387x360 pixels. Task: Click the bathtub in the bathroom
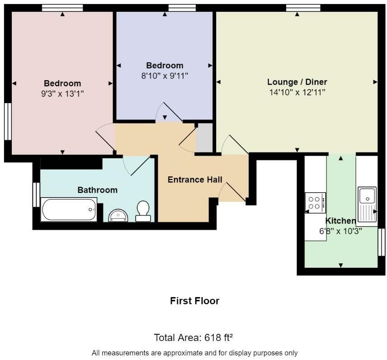(x=69, y=209)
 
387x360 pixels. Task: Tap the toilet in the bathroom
(x=143, y=211)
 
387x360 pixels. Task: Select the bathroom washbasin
(x=118, y=215)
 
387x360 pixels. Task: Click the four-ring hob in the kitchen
(x=316, y=203)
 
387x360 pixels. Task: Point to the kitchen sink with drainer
(x=367, y=206)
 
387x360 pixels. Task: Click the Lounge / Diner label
(x=297, y=82)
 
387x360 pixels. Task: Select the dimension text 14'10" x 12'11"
(x=297, y=92)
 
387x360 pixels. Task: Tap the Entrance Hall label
(x=195, y=180)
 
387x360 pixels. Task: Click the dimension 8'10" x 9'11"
(x=165, y=76)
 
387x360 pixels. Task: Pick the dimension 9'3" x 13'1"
(x=62, y=94)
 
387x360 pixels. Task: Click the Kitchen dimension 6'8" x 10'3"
(x=340, y=231)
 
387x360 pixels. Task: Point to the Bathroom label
(x=98, y=190)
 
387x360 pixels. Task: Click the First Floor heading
(x=195, y=301)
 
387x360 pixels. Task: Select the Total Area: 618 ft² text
(x=193, y=337)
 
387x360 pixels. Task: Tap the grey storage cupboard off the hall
(x=204, y=137)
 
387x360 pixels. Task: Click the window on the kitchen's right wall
(x=382, y=242)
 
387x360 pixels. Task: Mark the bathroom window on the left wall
(x=36, y=194)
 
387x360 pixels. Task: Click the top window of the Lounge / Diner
(x=303, y=8)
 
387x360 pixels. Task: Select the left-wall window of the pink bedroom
(x=8, y=122)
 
